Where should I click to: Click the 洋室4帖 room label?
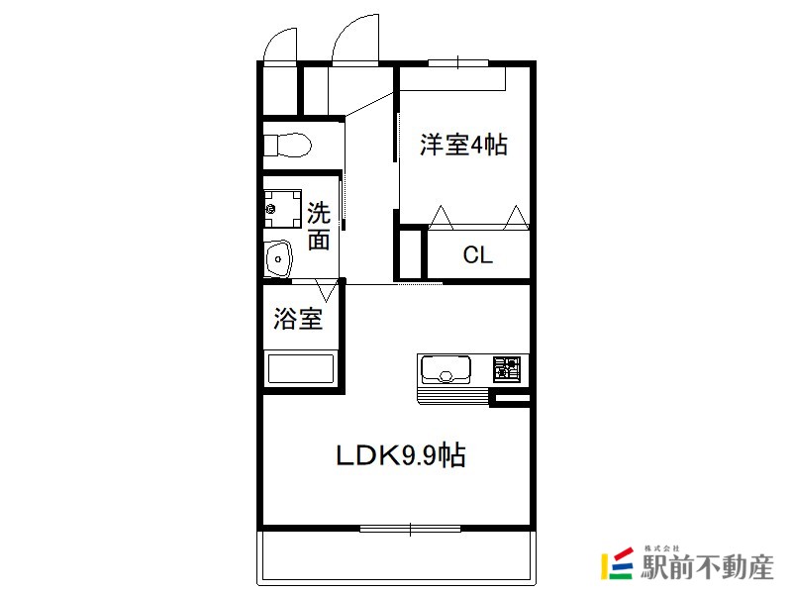click(x=463, y=145)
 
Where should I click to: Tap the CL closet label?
click(x=477, y=255)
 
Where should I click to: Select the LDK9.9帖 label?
click(x=401, y=455)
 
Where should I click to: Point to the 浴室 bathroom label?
click(x=298, y=319)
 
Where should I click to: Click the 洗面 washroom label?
click(x=319, y=226)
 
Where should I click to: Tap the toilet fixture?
click(x=287, y=146)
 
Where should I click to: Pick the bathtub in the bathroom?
click(x=301, y=368)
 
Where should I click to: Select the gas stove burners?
click(x=507, y=368)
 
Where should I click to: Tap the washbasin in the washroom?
click(x=279, y=258)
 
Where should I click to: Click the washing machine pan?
click(x=282, y=209)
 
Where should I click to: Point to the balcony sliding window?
click(x=410, y=529)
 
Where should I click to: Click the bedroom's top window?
click(x=458, y=63)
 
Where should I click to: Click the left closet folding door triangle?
click(x=441, y=217)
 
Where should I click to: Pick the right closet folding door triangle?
click(x=517, y=217)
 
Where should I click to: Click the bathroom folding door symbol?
click(x=327, y=290)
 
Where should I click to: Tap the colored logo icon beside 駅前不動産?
click(x=617, y=562)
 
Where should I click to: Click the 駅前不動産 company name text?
click(x=707, y=566)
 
